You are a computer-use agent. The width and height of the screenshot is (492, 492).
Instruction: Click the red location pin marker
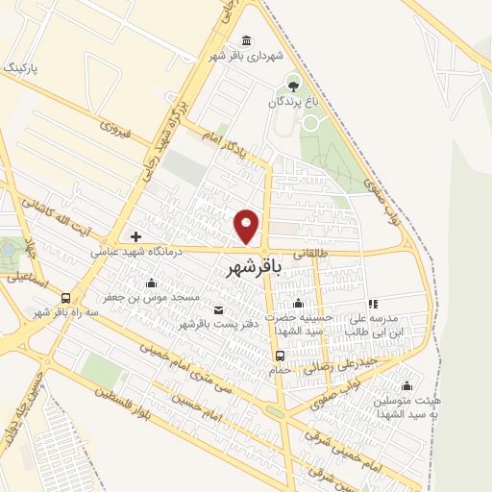[248, 226]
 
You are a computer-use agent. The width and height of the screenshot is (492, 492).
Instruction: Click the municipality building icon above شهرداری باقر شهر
[248, 40]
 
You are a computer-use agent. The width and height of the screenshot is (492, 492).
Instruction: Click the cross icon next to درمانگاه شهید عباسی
[135, 236]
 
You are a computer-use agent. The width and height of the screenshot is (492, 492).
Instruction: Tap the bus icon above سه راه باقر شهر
[65, 298]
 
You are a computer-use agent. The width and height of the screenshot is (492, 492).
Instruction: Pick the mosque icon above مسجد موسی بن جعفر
[151, 283]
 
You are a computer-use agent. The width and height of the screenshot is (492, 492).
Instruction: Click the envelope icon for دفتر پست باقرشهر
[218, 309]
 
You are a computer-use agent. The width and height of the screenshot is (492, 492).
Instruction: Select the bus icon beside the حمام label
[279, 355]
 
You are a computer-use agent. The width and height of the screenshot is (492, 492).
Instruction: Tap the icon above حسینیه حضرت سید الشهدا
[299, 305]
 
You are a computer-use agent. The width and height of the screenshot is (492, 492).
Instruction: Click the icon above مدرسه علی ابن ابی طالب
[373, 305]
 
